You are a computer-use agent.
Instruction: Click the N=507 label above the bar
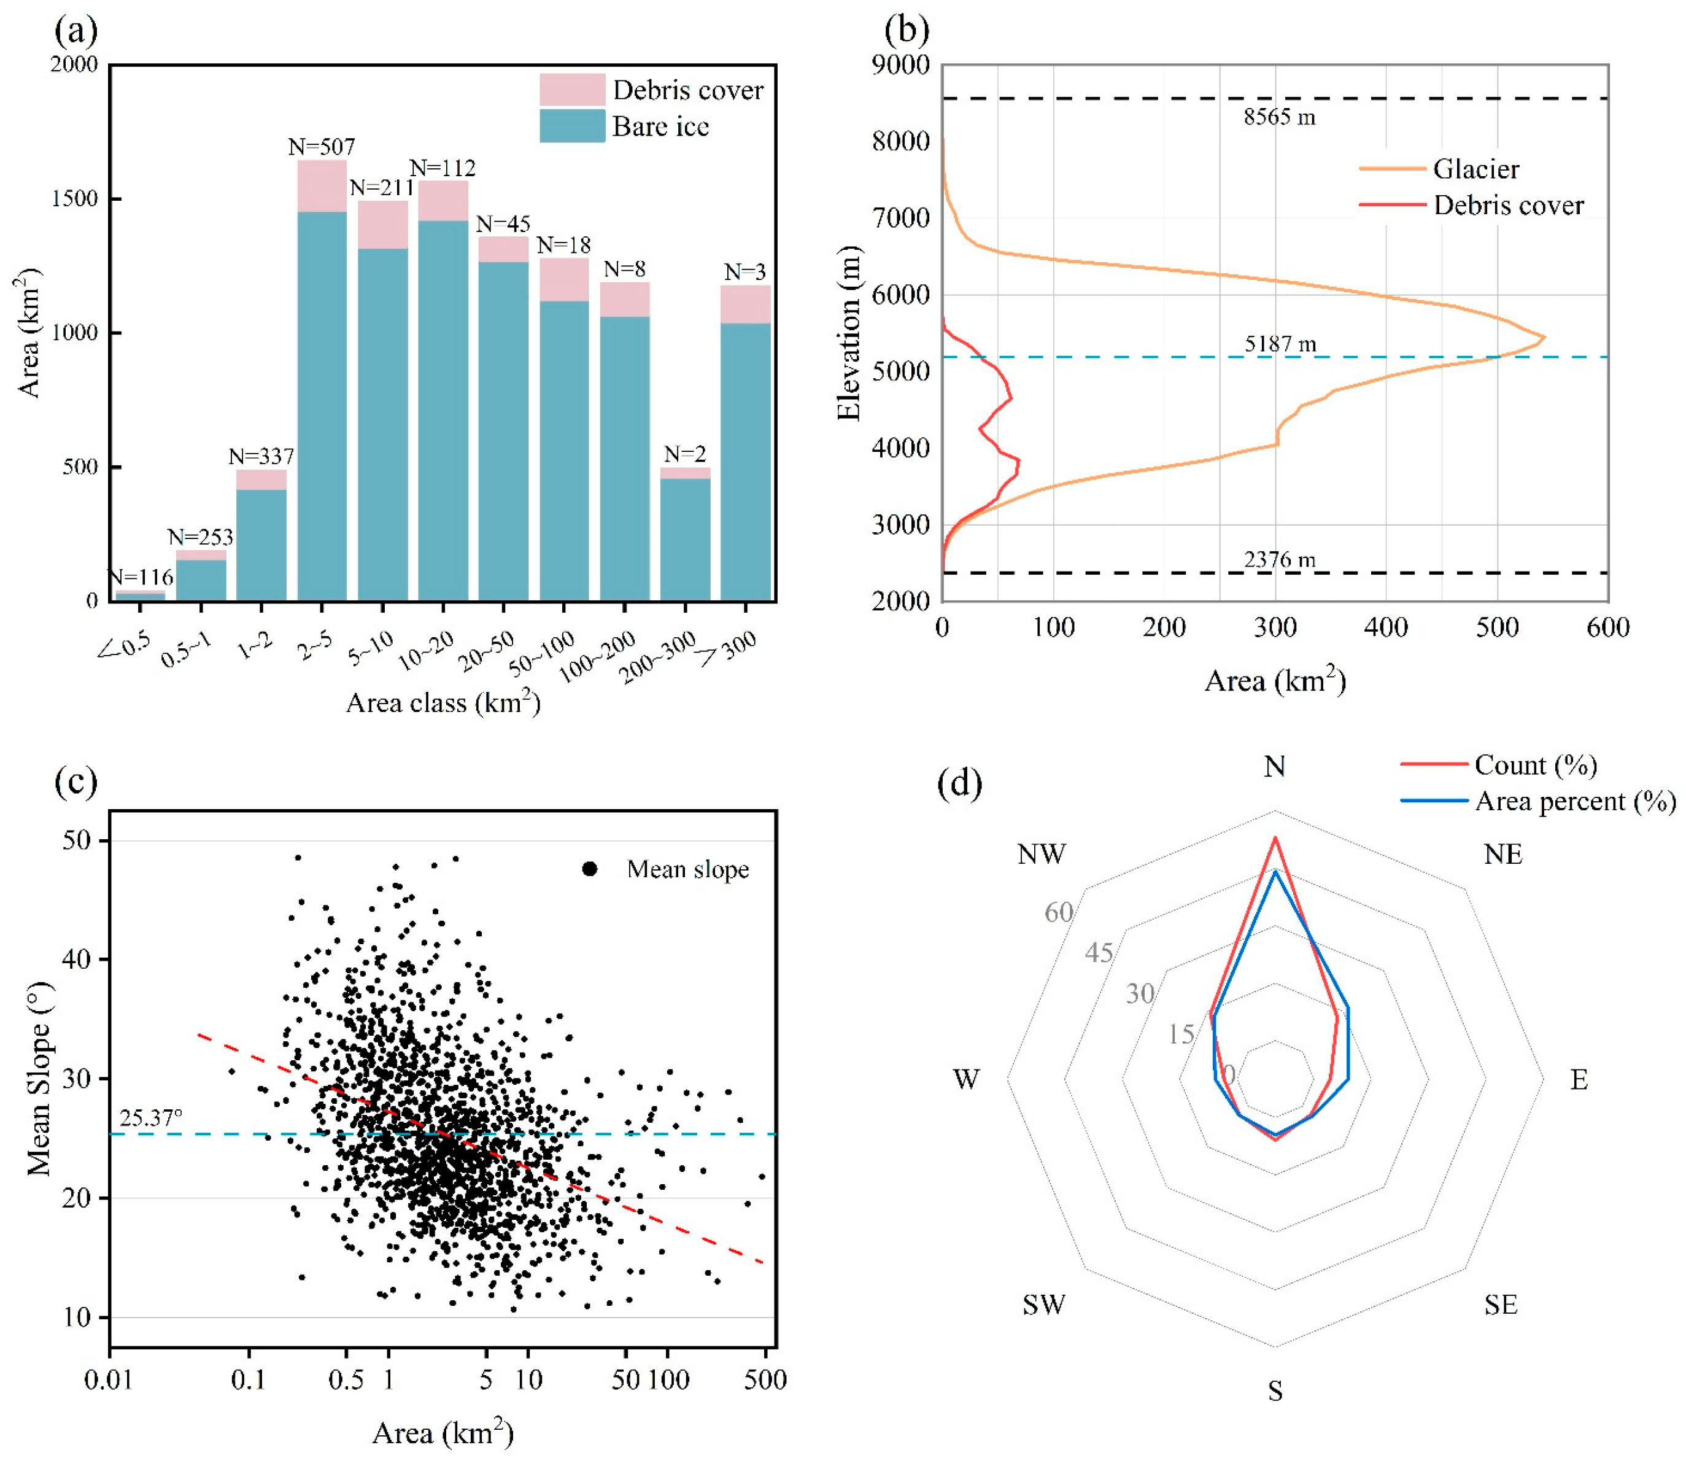coord(322,147)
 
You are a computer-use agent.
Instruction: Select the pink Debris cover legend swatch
coord(572,90)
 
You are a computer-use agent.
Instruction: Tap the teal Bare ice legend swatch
coord(572,126)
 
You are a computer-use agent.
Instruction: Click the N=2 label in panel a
coord(685,454)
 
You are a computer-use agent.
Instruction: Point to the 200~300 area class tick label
coord(658,657)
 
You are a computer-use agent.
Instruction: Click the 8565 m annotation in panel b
coord(1280,118)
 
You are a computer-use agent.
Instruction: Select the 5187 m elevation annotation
coord(1280,344)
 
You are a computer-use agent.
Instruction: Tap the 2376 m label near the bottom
coord(1280,560)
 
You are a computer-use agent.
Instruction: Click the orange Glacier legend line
coord(1393,169)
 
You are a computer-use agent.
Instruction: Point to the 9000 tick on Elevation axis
coord(900,66)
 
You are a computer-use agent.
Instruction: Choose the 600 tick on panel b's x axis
coord(1607,628)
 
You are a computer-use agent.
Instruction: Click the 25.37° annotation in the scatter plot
coord(152,1119)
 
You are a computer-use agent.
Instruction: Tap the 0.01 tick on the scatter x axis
coord(109,1380)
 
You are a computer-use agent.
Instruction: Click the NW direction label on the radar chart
coord(1042,855)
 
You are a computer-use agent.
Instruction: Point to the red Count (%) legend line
coord(1434,765)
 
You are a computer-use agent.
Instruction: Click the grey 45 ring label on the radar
coord(1099,952)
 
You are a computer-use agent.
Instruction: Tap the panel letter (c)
coord(76,782)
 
